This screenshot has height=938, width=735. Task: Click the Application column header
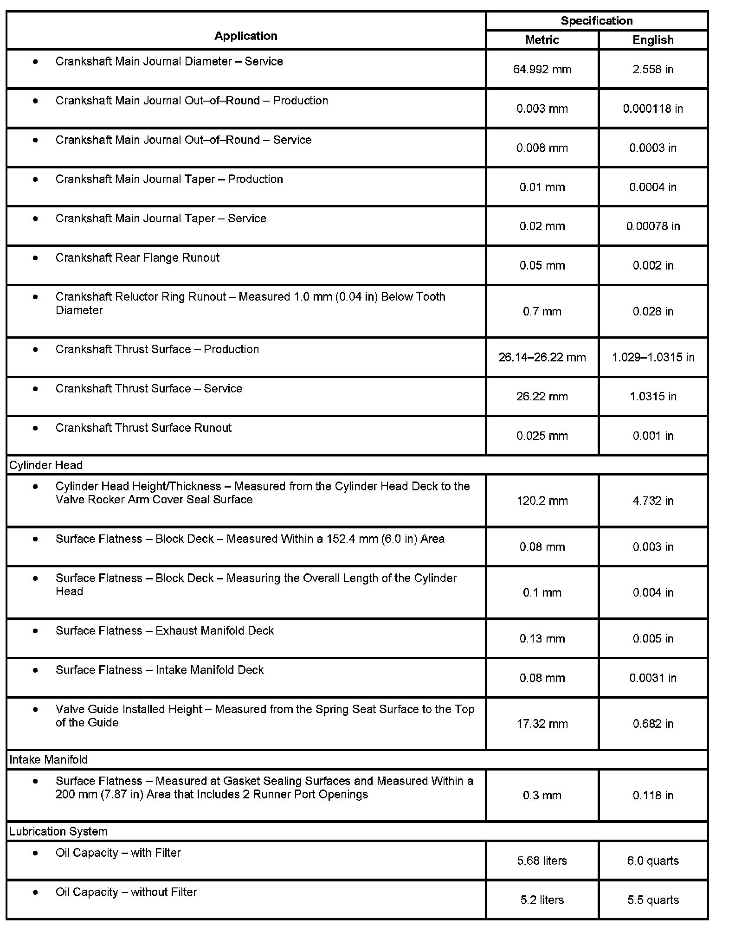click(x=245, y=36)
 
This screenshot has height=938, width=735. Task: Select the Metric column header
click(x=542, y=40)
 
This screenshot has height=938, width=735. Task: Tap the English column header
click(x=653, y=40)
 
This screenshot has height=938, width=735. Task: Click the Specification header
click(x=596, y=21)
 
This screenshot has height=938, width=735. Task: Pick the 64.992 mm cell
click(x=542, y=70)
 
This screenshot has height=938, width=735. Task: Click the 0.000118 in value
click(x=653, y=109)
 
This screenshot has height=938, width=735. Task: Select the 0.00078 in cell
click(x=653, y=226)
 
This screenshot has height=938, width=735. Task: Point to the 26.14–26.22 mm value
click(x=542, y=358)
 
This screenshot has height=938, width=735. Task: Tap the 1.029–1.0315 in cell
click(x=653, y=358)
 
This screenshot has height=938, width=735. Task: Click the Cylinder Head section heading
click(x=46, y=465)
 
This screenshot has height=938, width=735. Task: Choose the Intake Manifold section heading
click(x=48, y=760)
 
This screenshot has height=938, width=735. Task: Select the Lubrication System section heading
click(x=58, y=832)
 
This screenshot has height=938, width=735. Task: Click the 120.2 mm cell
click(x=542, y=501)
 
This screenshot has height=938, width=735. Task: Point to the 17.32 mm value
click(x=542, y=724)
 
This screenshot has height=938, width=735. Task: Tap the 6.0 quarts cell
click(x=653, y=861)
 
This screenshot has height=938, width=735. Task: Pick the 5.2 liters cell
click(x=542, y=900)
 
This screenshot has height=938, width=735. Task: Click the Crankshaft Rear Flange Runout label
click(x=137, y=258)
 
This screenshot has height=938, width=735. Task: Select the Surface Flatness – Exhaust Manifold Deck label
click(x=165, y=631)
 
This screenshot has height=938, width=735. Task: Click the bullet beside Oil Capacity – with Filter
click(x=36, y=853)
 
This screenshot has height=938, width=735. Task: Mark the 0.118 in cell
click(x=653, y=796)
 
